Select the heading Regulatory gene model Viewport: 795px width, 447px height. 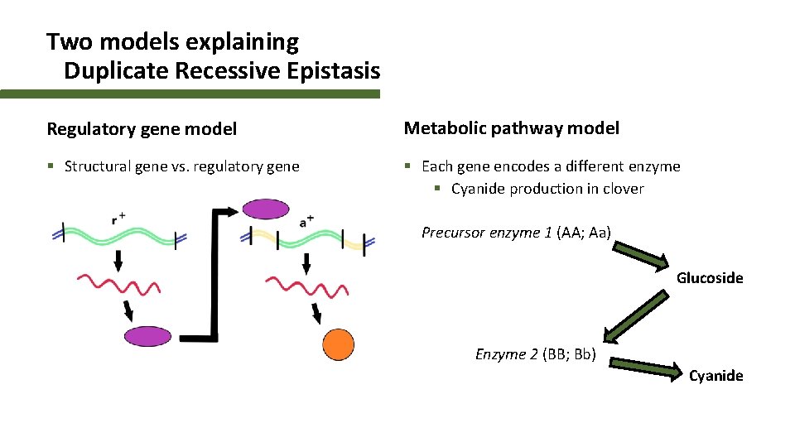[x=142, y=128]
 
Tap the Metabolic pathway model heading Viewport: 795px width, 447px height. [x=511, y=127]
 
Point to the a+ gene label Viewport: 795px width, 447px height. [x=306, y=221]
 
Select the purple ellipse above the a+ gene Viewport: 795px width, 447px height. [x=266, y=209]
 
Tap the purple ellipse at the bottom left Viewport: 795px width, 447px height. [x=147, y=335]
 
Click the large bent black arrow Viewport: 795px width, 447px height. [x=215, y=281]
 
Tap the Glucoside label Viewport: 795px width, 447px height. [x=710, y=278]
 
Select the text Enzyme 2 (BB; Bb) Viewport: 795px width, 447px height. [x=535, y=354]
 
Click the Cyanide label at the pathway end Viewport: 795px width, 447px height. [x=716, y=376]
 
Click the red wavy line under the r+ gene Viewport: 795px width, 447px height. [x=118, y=286]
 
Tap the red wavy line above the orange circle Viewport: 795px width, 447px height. [x=306, y=287]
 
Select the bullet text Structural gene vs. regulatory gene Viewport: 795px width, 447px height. [x=181, y=166]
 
